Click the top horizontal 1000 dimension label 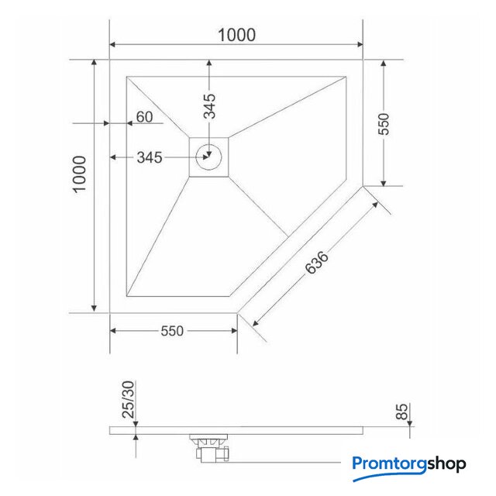pyautogui.click(x=237, y=35)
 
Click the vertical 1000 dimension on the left pyautogui.click(x=80, y=174)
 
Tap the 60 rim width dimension pyautogui.click(x=145, y=117)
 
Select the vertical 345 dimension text pyautogui.click(x=209, y=106)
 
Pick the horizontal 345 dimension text pyautogui.click(x=150, y=157)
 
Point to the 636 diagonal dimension pyautogui.click(x=317, y=262)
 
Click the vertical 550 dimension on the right pyautogui.click(x=384, y=124)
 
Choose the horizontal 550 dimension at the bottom pyautogui.click(x=172, y=331)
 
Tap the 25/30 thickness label pyautogui.click(x=129, y=399)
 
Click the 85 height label pyautogui.click(x=402, y=412)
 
